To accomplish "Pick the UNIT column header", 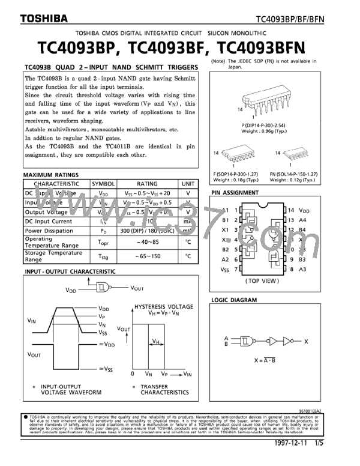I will [188, 184].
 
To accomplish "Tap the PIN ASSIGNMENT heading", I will [235, 193].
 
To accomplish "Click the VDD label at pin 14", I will [304, 211].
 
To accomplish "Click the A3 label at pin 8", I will [304, 269].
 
